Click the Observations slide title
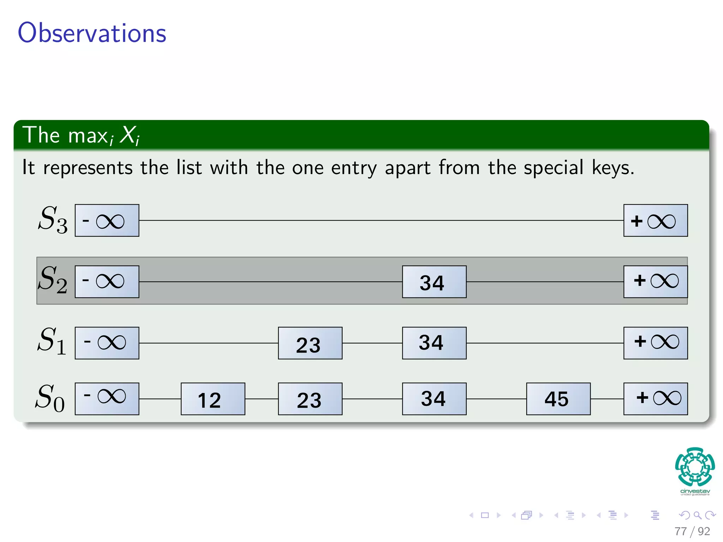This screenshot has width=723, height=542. point(92,33)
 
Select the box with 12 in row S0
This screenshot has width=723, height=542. point(213,399)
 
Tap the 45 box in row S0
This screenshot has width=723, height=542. point(558,399)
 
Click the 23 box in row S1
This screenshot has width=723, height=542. point(310,343)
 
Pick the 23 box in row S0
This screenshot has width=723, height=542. point(310,399)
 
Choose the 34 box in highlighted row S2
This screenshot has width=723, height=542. point(434,282)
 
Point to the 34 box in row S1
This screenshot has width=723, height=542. point(434,343)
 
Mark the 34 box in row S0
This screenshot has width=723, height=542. point(434,399)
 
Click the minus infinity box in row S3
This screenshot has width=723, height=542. point(107,221)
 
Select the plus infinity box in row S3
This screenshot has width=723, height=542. point(656,221)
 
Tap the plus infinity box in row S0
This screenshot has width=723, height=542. point(656,399)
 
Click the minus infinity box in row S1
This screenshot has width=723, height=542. point(107,343)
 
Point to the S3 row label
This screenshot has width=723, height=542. point(53,220)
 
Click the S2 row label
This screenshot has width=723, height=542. point(53,280)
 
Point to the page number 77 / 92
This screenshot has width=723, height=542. point(692,531)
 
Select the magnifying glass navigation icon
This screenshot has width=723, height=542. point(697,515)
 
